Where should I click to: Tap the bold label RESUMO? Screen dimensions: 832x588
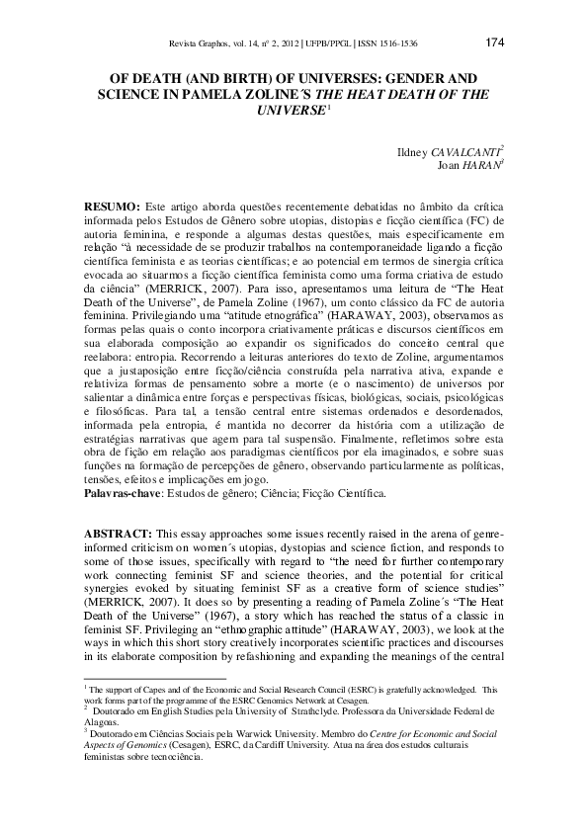tap(112, 203)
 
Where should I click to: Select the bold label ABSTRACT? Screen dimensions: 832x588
tap(118, 533)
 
